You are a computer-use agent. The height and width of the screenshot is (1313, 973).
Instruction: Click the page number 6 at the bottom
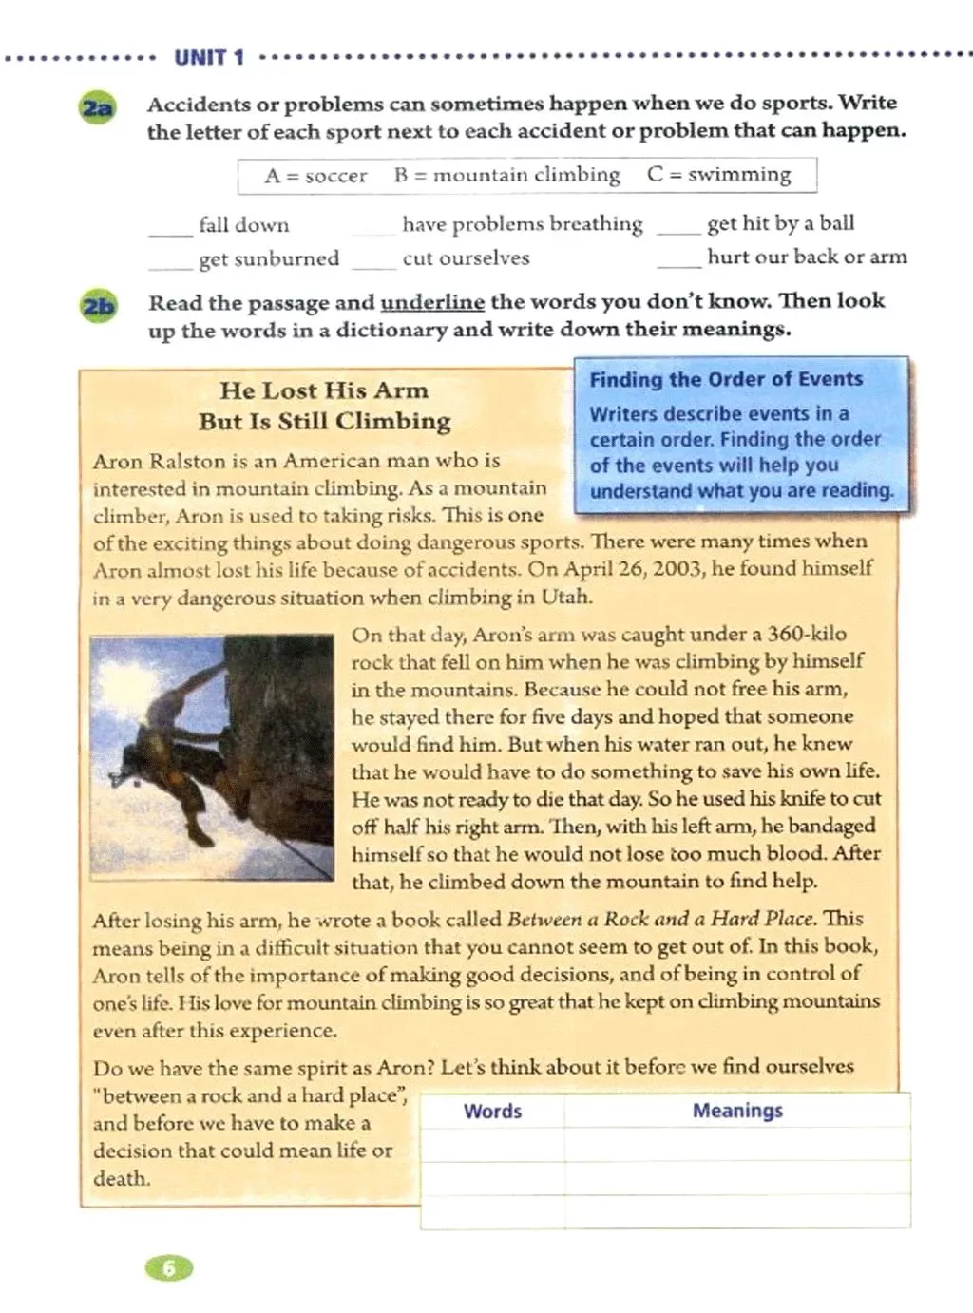point(168,1267)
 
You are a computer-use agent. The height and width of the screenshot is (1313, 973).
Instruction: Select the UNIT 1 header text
point(209,58)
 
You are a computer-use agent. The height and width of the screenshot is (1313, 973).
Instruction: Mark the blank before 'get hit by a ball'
point(678,229)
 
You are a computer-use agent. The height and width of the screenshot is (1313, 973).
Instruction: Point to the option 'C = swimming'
point(718,175)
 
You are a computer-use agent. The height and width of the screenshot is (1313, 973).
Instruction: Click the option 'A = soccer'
point(315,176)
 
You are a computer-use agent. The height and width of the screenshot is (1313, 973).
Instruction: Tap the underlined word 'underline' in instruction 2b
point(432,303)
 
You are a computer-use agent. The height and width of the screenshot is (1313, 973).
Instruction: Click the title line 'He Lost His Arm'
point(324,390)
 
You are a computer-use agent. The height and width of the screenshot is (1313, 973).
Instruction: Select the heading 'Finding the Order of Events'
point(726,379)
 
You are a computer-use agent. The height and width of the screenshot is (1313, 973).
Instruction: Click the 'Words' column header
point(492,1111)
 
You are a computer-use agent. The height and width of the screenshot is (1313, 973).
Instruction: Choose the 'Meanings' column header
point(737,1111)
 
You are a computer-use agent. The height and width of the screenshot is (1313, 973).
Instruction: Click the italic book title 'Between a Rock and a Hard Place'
point(660,919)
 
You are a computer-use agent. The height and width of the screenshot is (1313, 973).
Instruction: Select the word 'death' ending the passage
point(121,1179)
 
